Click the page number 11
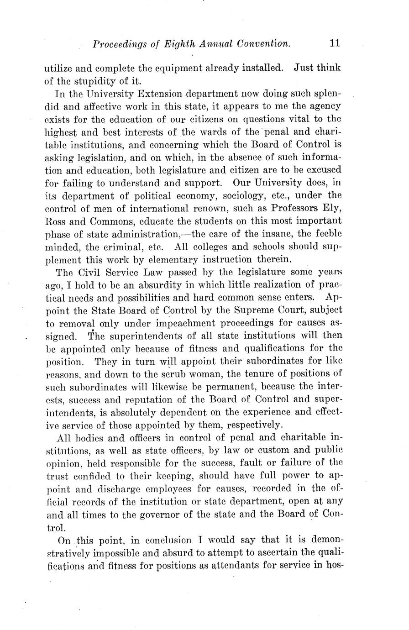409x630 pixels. point(334,43)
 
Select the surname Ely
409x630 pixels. point(332,209)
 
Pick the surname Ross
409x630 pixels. point(56,221)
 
